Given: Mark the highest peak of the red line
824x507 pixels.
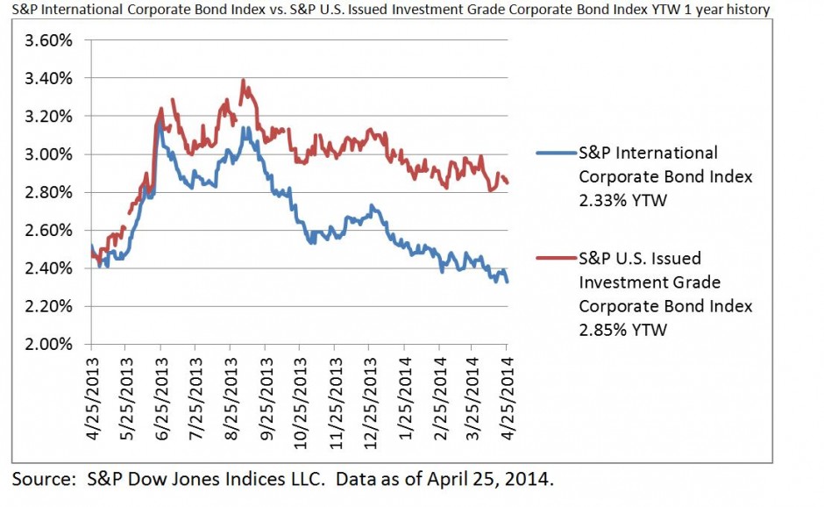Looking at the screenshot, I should pyautogui.click(x=243, y=82).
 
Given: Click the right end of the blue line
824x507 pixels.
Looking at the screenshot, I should pyautogui.click(x=508, y=281).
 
